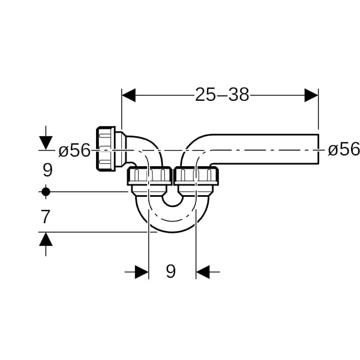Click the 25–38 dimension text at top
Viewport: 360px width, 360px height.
coord(222,95)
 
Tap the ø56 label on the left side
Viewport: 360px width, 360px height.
coord(74,151)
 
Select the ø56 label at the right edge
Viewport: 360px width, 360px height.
coord(344,149)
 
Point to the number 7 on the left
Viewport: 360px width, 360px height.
coord(46,217)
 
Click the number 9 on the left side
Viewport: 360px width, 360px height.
coord(48,170)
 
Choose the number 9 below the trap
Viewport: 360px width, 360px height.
coord(170,271)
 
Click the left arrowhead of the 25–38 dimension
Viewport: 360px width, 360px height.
coord(128,95)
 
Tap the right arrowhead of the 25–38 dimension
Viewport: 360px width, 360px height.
coord(311,95)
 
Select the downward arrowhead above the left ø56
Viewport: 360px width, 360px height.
coord(46,143)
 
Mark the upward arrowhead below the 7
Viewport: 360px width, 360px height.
coord(46,239)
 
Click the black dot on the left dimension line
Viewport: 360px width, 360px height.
coord(46,191)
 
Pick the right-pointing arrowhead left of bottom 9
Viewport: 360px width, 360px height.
coord(142,272)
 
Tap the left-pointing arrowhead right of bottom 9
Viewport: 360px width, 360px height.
coord(203,272)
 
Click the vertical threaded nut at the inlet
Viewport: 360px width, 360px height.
coord(106,149)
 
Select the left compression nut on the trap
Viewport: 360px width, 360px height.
coord(149,176)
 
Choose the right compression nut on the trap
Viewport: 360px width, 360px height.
coord(196,176)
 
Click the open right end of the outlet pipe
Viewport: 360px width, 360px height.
coord(318,149)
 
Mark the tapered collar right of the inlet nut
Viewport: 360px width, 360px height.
coord(121,149)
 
